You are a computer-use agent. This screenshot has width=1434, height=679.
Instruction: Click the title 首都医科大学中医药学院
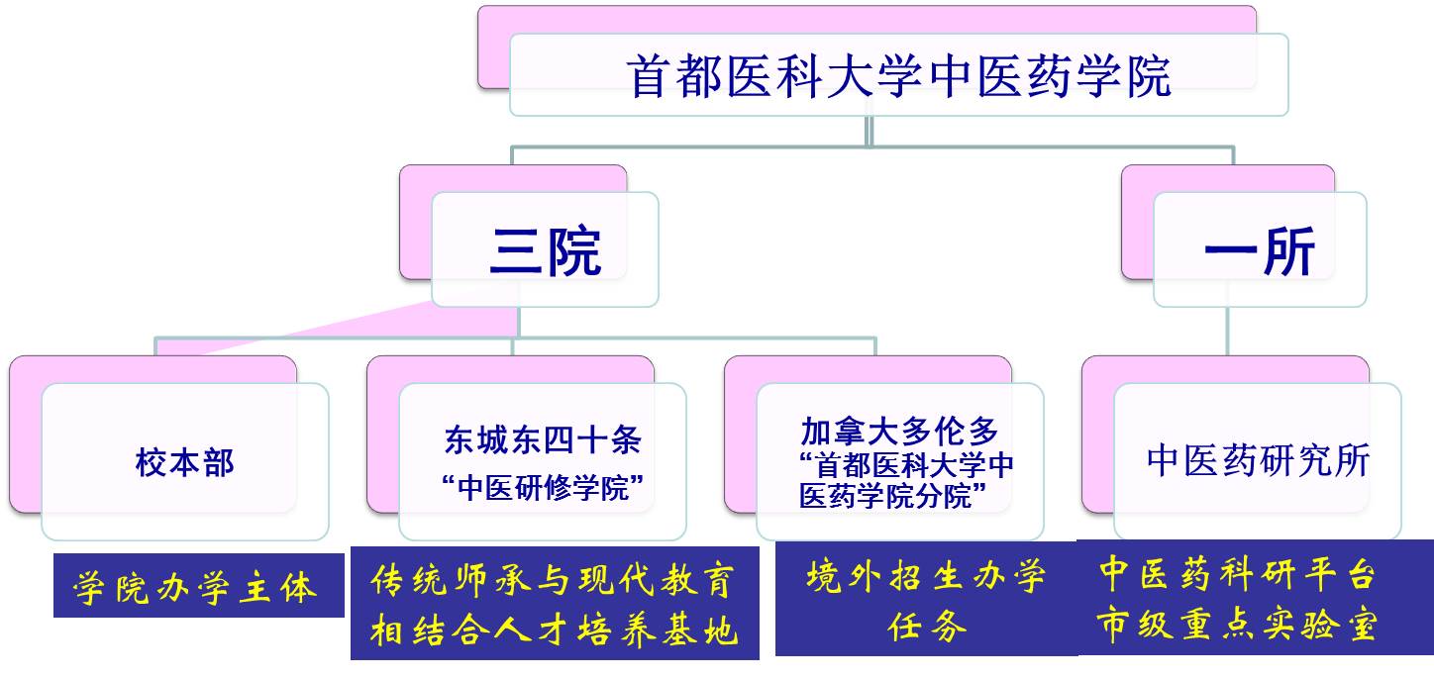(x=899, y=77)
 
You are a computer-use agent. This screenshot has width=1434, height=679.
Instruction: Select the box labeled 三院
(x=545, y=249)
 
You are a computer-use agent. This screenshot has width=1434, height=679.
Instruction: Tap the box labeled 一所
(x=1260, y=249)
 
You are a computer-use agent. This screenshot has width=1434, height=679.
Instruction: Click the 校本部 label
(x=185, y=462)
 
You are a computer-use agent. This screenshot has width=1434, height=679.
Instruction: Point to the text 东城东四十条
(x=543, y=439)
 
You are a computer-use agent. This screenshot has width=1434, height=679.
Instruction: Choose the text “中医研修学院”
(x=543, y=488)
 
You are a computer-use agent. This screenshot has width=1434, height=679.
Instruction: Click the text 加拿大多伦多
(x=899, y=432)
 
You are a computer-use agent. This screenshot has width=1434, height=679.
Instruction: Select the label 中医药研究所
(x=1258, y=460)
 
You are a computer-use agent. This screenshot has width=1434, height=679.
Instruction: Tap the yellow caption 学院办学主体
(x=195, y=586)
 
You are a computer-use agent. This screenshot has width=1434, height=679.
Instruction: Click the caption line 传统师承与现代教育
(x=553, y=580)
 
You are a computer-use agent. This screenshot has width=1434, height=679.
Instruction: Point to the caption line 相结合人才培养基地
(x=555, y=630)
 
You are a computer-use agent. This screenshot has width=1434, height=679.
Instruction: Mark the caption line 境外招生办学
(x=926, y=576)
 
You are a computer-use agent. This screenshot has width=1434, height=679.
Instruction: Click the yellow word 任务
(x=926, y=626)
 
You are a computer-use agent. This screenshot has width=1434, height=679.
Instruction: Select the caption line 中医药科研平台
(x=1238, y=573)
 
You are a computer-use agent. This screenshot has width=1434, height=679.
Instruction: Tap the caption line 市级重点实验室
(x=1238, y=624)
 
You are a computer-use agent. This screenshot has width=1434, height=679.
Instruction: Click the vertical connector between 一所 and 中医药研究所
(x=1227, y=331)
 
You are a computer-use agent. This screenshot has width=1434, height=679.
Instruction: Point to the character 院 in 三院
(x=574, y=250)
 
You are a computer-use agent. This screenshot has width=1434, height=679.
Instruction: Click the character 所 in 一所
(x=1288, y=250)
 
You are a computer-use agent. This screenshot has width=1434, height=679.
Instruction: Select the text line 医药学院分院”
(x=892, y=496)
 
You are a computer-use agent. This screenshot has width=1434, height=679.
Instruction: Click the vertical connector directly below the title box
(x=869, y=132)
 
